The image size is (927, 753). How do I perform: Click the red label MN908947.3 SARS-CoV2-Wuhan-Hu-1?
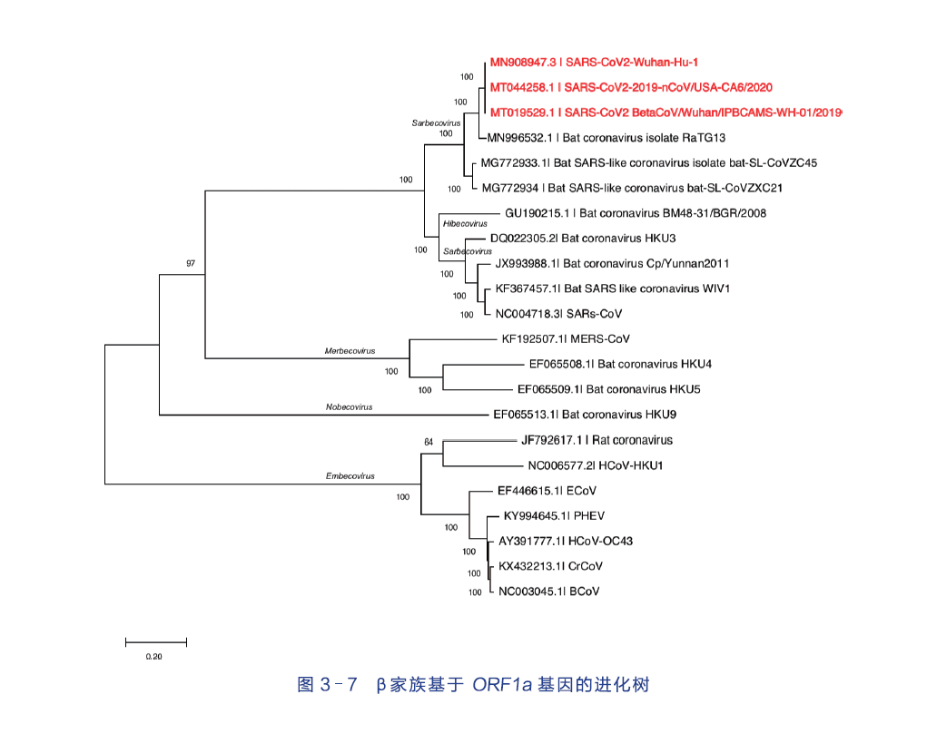594,63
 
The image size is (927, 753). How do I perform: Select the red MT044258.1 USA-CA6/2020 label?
631,88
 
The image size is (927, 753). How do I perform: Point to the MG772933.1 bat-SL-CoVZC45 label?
649,163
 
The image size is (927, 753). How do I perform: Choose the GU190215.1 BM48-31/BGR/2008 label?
634,214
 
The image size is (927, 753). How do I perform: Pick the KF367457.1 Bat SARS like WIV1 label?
613,288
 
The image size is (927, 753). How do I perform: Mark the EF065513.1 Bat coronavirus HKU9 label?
584,415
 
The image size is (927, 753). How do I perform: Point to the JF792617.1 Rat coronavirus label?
597,440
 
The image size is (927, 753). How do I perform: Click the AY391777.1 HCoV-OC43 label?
566,541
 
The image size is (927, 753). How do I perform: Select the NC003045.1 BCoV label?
548,592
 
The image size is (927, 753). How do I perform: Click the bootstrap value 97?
191,263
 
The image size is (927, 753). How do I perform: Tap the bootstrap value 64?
429,443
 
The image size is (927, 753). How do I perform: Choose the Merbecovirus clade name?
350,351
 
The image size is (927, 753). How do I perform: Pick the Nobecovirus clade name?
349,407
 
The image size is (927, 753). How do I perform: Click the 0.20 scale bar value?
153,657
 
